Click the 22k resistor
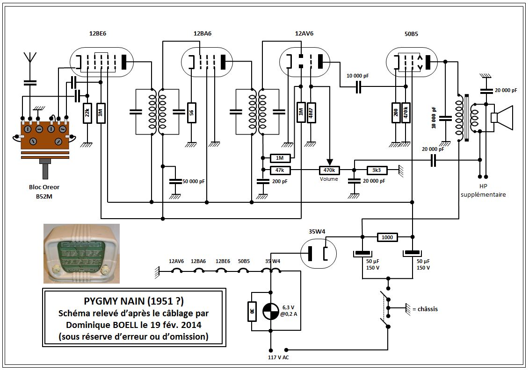click(87, 113)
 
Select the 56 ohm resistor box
click(192, 113)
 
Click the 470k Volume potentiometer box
click(329, 170)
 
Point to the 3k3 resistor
click(377, 170)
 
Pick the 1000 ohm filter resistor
click(387, 237)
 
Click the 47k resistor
click(280, 170)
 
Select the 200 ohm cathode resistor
click(396, 113)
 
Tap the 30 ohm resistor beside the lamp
click(252, 311)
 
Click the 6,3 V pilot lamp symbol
click(270, 311)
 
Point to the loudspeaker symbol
click(502, 118)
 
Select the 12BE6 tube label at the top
click(98, 33)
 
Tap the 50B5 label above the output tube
click(411, 34)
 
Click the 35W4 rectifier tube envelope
click(319, 254)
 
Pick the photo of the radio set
click(82, 254)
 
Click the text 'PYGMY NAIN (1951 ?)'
click(134, 300)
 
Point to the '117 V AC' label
click(278, 357)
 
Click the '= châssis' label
click(425, 309)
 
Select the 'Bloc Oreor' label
click(44, 187)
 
